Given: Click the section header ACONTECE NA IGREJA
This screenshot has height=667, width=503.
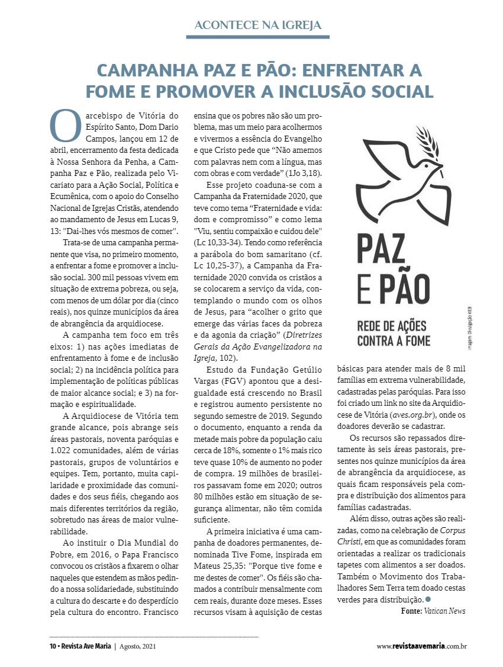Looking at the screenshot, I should [x=257, y=25].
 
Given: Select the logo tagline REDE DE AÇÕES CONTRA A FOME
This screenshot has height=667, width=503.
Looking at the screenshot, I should [x=391, y=333].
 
